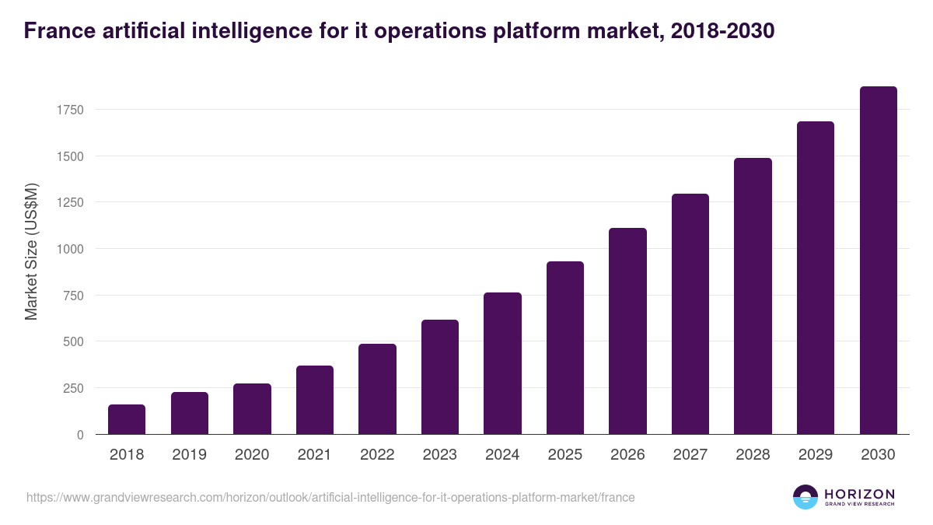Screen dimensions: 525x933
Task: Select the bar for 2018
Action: [x=127, y=419]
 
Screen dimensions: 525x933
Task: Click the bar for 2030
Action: [x=878, y=261]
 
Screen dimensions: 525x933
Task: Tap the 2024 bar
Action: [x=502, y=363]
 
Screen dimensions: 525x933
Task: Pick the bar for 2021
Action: [x=315, y=400]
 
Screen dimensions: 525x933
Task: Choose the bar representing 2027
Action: [x=690, y=314]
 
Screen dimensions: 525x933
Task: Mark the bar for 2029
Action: [x=816, y=278]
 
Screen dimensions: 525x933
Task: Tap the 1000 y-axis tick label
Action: [x=69, y=249]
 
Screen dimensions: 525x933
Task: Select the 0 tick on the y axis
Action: [x=80, y=435]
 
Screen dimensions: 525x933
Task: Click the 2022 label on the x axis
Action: [x=377, y=455]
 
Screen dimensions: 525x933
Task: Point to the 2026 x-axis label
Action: [x=627, y=455]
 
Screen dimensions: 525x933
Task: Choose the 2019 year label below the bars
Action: [x=190, y=455]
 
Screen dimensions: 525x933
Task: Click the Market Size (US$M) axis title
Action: [x=31, y=251]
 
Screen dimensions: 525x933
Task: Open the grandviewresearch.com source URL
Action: [x=330, y=497]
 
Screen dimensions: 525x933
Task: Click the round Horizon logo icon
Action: [x=805, y=497]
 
